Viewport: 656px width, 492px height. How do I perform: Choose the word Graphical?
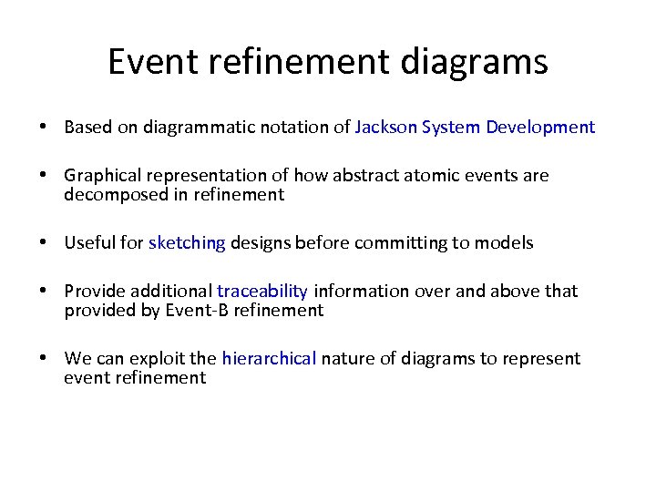100,175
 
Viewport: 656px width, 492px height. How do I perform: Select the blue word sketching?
187,243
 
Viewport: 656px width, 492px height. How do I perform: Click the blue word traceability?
262,292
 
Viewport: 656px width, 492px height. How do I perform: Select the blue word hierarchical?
269,359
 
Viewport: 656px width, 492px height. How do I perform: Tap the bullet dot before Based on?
44,128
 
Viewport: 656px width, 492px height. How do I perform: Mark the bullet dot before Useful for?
44,243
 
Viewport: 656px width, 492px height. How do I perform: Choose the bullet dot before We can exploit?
44,359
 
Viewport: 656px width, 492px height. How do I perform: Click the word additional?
172,292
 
